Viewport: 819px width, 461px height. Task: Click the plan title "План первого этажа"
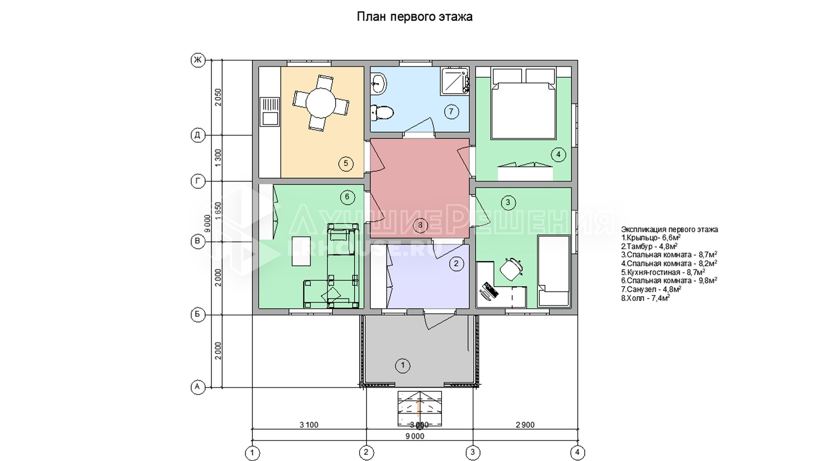pos(414,17)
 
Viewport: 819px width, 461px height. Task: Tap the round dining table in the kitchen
pos(321,102)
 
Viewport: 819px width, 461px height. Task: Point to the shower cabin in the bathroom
pos(455,80)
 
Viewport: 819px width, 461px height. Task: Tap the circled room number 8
pos(420,225)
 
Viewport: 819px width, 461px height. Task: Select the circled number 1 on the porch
pos(402,365)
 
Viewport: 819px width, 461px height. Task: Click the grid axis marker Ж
pos(197,60)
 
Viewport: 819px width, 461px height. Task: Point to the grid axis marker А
pos(197,387)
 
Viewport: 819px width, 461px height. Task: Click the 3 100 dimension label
pos(309,425)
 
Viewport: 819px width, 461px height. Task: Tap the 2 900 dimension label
pos(525,425)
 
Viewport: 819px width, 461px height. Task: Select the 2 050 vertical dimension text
pos(218,97)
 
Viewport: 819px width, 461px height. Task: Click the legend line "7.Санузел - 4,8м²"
pos(651,289)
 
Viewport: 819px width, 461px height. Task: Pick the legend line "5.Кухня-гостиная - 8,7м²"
pos(663,272)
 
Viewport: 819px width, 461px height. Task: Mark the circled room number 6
pos(347,197)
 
